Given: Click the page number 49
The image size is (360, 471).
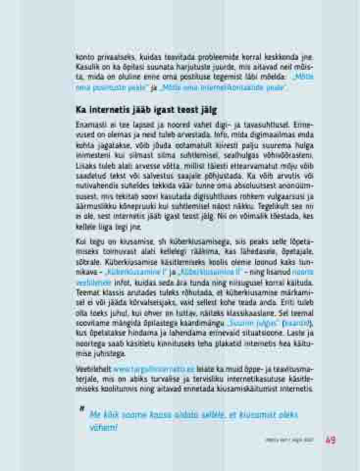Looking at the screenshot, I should click(x=330, y=440).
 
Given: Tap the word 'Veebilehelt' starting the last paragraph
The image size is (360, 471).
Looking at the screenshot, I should click(x=93, y=369).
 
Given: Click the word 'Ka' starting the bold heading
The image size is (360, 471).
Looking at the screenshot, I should click(x=81, y=109).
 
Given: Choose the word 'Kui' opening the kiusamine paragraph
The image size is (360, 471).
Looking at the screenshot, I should click(x=81, y=241).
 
